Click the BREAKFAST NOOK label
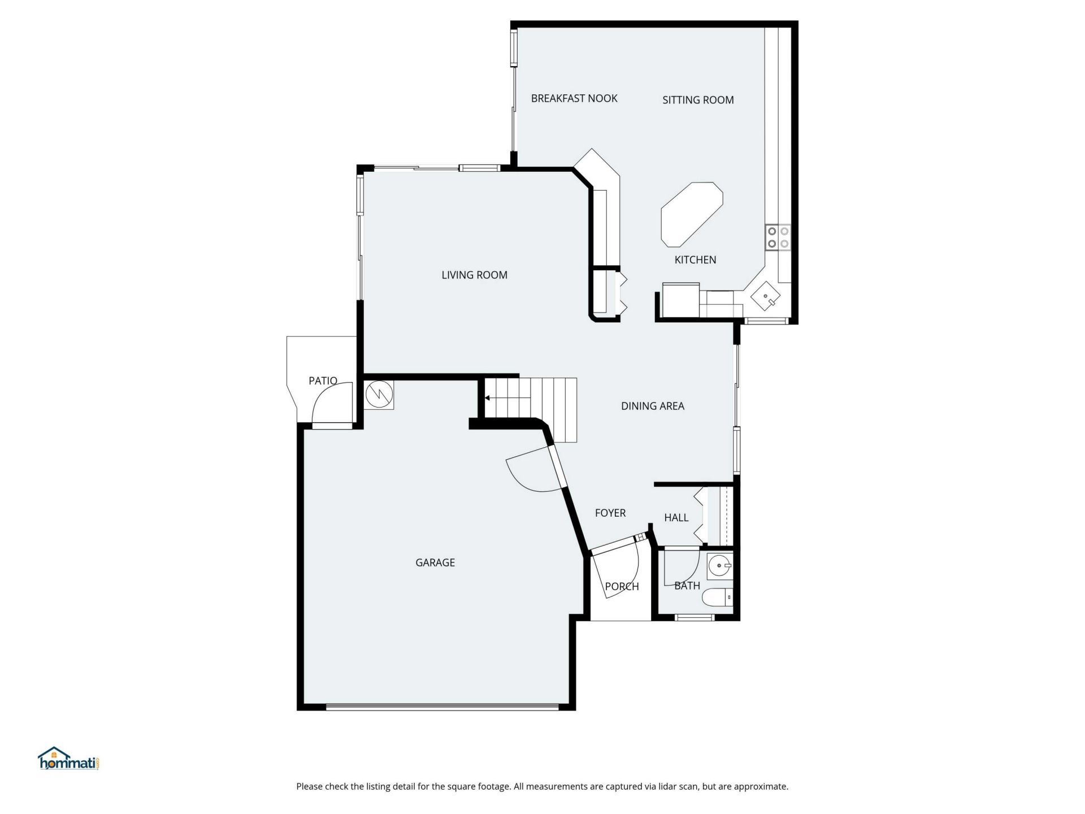tap(574, 98)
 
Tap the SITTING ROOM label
tap(698, 100)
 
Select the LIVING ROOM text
tap(474, 275)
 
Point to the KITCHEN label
tap(695, 260)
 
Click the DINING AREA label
tap(652, 406)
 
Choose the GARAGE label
tap(435, 562)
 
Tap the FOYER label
tap(610, 513)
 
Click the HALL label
tap(676, 518)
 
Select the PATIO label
tap(323, 381)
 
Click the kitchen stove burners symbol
tap(778, 237)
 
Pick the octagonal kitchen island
tap(692, 214)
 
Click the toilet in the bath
tap(717, 597)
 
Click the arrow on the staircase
tap(487, 398)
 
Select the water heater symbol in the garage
tap(379, 395)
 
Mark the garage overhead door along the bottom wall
tap(442, 705)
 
